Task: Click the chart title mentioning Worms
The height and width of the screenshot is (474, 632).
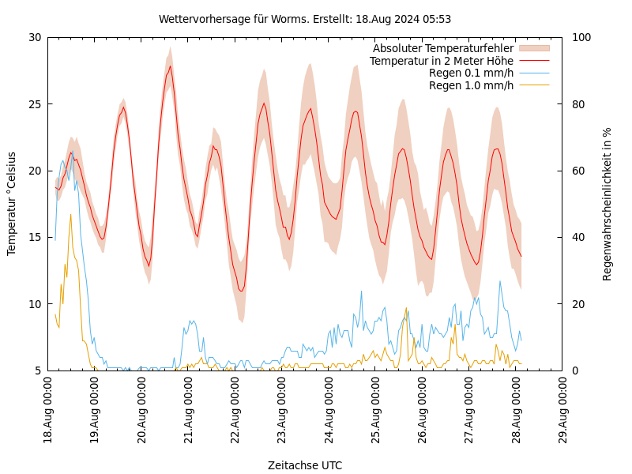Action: (305, 19)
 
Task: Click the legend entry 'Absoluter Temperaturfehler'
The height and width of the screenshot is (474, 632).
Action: (442, 48)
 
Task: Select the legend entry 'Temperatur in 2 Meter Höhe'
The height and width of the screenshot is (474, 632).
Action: (441, 61)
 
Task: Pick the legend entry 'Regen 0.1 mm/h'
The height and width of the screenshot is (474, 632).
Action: (471, 73)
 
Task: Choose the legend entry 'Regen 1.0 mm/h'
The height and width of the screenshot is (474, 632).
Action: (471, 85)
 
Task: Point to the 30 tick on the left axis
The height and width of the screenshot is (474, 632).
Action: (34, 37)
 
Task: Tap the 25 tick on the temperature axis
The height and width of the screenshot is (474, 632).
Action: (34, 103)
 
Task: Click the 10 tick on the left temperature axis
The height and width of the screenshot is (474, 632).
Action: (34, 303)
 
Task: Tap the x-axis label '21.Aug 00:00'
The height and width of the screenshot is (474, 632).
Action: (189, 412)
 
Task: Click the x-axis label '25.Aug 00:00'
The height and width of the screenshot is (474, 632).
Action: (376, 412)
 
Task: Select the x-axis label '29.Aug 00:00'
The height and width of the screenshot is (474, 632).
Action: (563, 412)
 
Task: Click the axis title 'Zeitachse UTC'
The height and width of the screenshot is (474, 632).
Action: (305, 465)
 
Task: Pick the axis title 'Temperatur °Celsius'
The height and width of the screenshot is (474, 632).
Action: (12, 204)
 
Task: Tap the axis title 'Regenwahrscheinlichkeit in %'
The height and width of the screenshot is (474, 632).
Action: (608, 204)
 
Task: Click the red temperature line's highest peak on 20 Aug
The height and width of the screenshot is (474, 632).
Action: (170, 66)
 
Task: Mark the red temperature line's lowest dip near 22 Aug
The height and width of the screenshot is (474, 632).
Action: (241, 291)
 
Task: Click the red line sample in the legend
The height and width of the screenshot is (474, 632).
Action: (533, 61)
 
